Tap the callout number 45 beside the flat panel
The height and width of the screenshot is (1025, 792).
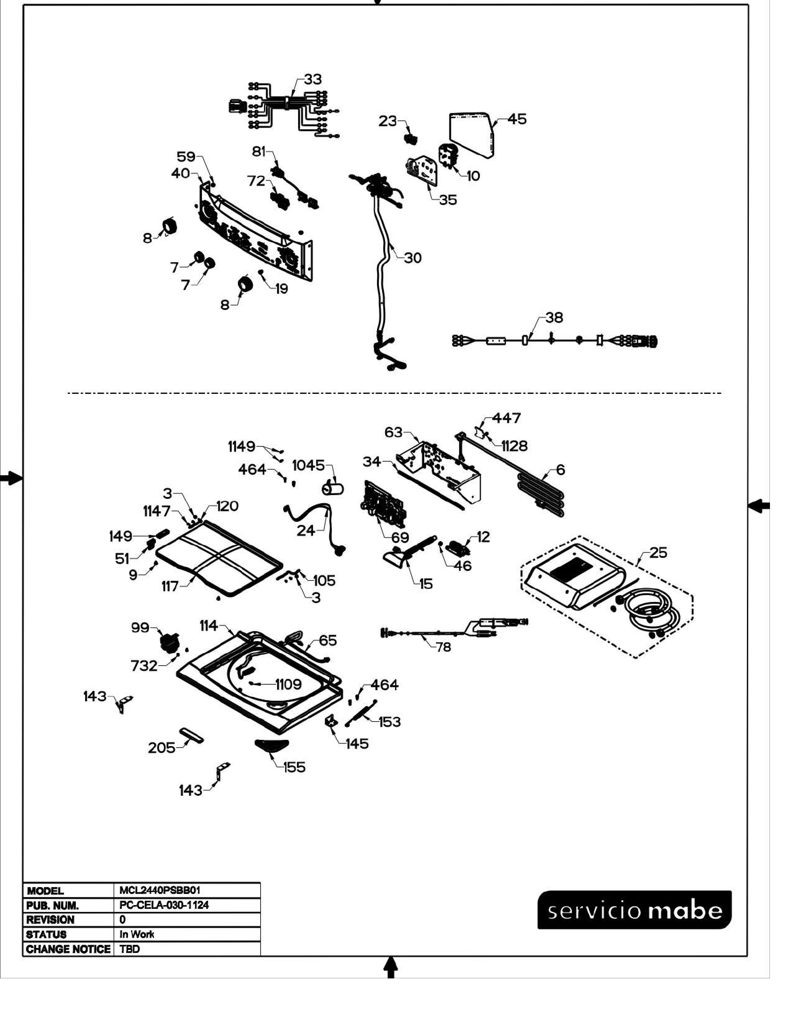coord(517,119)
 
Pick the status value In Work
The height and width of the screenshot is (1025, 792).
coord(137,934)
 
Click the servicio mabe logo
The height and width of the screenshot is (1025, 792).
coord(634,910)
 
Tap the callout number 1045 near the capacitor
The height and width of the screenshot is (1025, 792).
coord(308,466)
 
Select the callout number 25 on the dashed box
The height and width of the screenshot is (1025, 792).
coord(658,553)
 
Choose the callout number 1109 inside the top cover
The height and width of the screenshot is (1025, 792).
coord(288,685)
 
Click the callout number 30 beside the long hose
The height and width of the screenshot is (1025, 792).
coord(413,258)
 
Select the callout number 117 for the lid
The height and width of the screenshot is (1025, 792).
coord(170,586)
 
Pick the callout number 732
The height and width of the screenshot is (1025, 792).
coord(144,666)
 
